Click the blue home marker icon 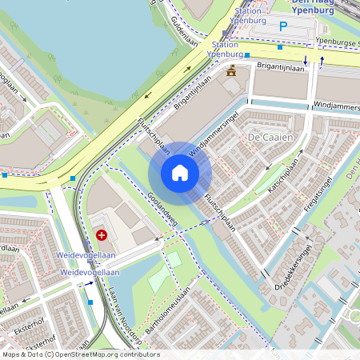click(x=180, y=173)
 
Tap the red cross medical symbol click(x=102, y=235)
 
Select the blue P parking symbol click(x=282, y=26)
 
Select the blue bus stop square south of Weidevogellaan click(x=90, y=302)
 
